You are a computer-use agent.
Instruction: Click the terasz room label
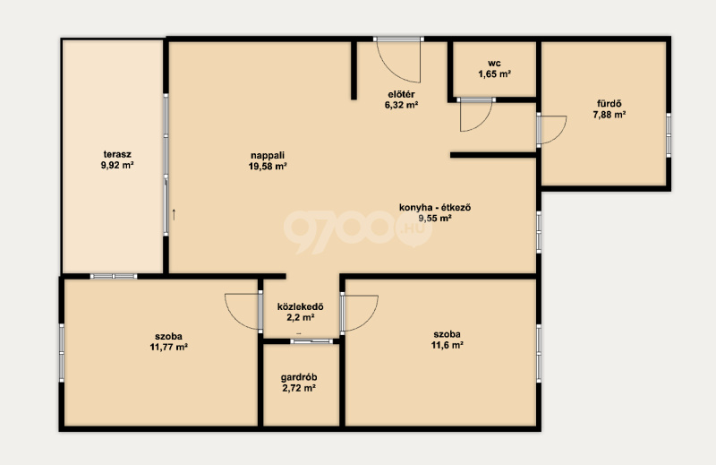tap(117, 154)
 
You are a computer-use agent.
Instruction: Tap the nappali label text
tap(268, 156)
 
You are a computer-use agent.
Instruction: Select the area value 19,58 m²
tap(268, 167)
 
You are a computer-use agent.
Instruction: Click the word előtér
tap(401, 94)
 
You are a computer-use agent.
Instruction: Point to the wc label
tap(494, 63)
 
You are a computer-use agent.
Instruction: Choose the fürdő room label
tap(609, 104)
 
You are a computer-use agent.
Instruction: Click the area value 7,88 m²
tap(609, 115)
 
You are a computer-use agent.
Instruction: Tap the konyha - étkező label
tap(435, 207)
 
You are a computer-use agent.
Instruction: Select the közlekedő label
tap(301, 306)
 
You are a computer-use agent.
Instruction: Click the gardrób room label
tap(299, 378)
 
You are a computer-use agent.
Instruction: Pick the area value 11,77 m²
tap(169, 347)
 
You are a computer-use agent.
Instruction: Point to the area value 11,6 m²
tap(447, 345)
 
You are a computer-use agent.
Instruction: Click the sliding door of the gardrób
tap(311, 341)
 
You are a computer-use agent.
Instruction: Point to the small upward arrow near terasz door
tap(174, 214)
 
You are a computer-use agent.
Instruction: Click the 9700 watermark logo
tap(357, 231)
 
